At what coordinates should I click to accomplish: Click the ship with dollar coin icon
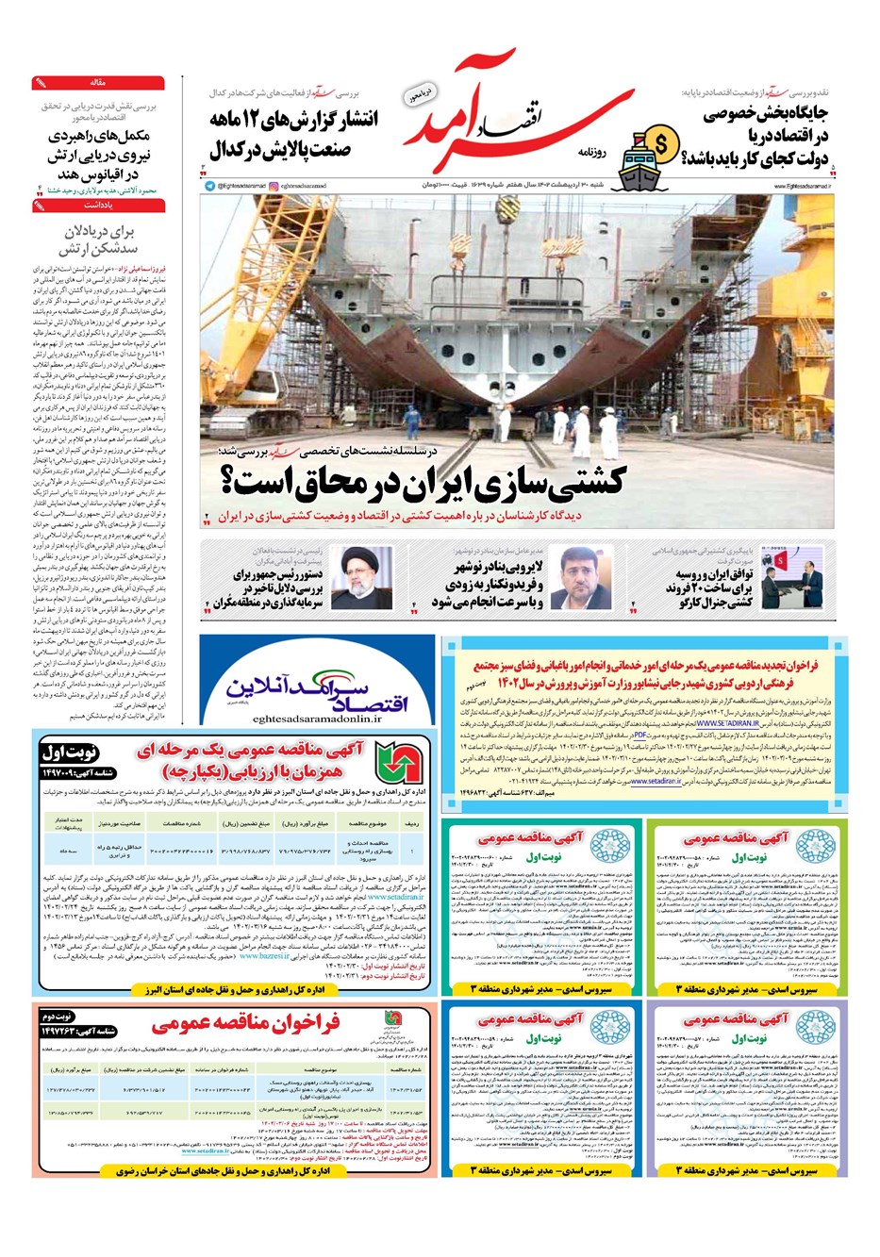coord(651,152)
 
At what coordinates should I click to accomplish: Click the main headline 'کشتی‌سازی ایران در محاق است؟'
coord(422,480)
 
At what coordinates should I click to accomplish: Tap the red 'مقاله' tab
coord(98,83)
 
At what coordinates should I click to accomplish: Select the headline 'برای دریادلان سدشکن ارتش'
coord(101,240)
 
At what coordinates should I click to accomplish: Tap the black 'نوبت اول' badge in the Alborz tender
coord(70,753)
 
